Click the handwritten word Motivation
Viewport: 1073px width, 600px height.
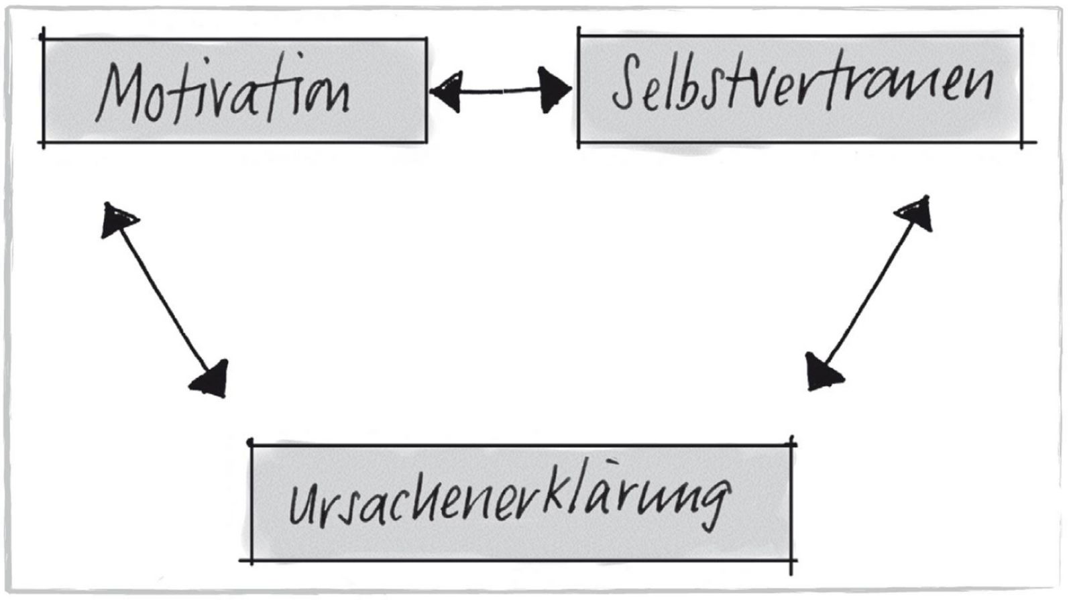point(223,88)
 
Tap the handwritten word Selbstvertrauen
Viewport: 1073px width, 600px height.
point(803,82)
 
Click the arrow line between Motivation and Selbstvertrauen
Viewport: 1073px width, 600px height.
point(500,91)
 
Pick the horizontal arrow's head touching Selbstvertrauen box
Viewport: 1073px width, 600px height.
point(554,90)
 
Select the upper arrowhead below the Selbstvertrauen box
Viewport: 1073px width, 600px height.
point(915,213)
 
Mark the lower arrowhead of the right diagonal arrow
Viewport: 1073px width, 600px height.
point(822,373)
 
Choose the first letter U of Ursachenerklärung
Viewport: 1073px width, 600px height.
point(302,507)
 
